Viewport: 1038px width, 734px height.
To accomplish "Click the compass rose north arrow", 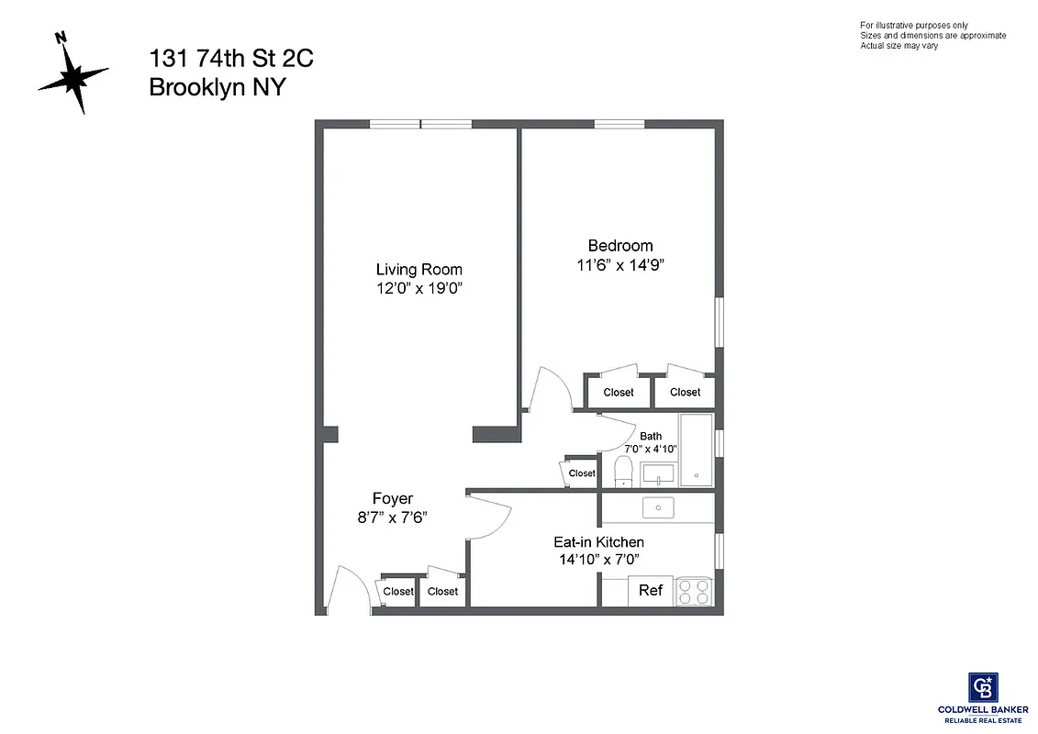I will click(x=73, y=72).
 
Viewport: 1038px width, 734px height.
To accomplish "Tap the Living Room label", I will click(x=419, y=270).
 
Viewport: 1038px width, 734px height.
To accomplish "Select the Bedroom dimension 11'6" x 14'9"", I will click(x=620, y=265).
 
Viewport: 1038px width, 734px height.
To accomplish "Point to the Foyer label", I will click(x=392, y=499).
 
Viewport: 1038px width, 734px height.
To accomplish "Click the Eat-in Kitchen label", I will click(x=598, y=542).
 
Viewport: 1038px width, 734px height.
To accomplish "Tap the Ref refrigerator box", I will click(x=651, y=591).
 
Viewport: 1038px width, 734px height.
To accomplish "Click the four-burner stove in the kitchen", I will click(x=695, y=591).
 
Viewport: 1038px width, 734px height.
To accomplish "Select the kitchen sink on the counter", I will click(x=657, y=507).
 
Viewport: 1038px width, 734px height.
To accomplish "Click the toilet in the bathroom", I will click(x=622, y=473).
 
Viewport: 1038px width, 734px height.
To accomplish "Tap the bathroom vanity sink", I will click(x=658, y=473).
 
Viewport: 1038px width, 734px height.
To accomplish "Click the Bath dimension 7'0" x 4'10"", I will click(x=650, y=450).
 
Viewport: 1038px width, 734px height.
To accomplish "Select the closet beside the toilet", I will click(x=581, y=473).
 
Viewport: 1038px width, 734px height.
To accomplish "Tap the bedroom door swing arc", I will click(x=553, y=388).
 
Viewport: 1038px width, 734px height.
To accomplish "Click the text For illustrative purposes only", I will click(x=913, y=25).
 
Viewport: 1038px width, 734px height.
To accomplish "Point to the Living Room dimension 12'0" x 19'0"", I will click(x=419, y=288).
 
